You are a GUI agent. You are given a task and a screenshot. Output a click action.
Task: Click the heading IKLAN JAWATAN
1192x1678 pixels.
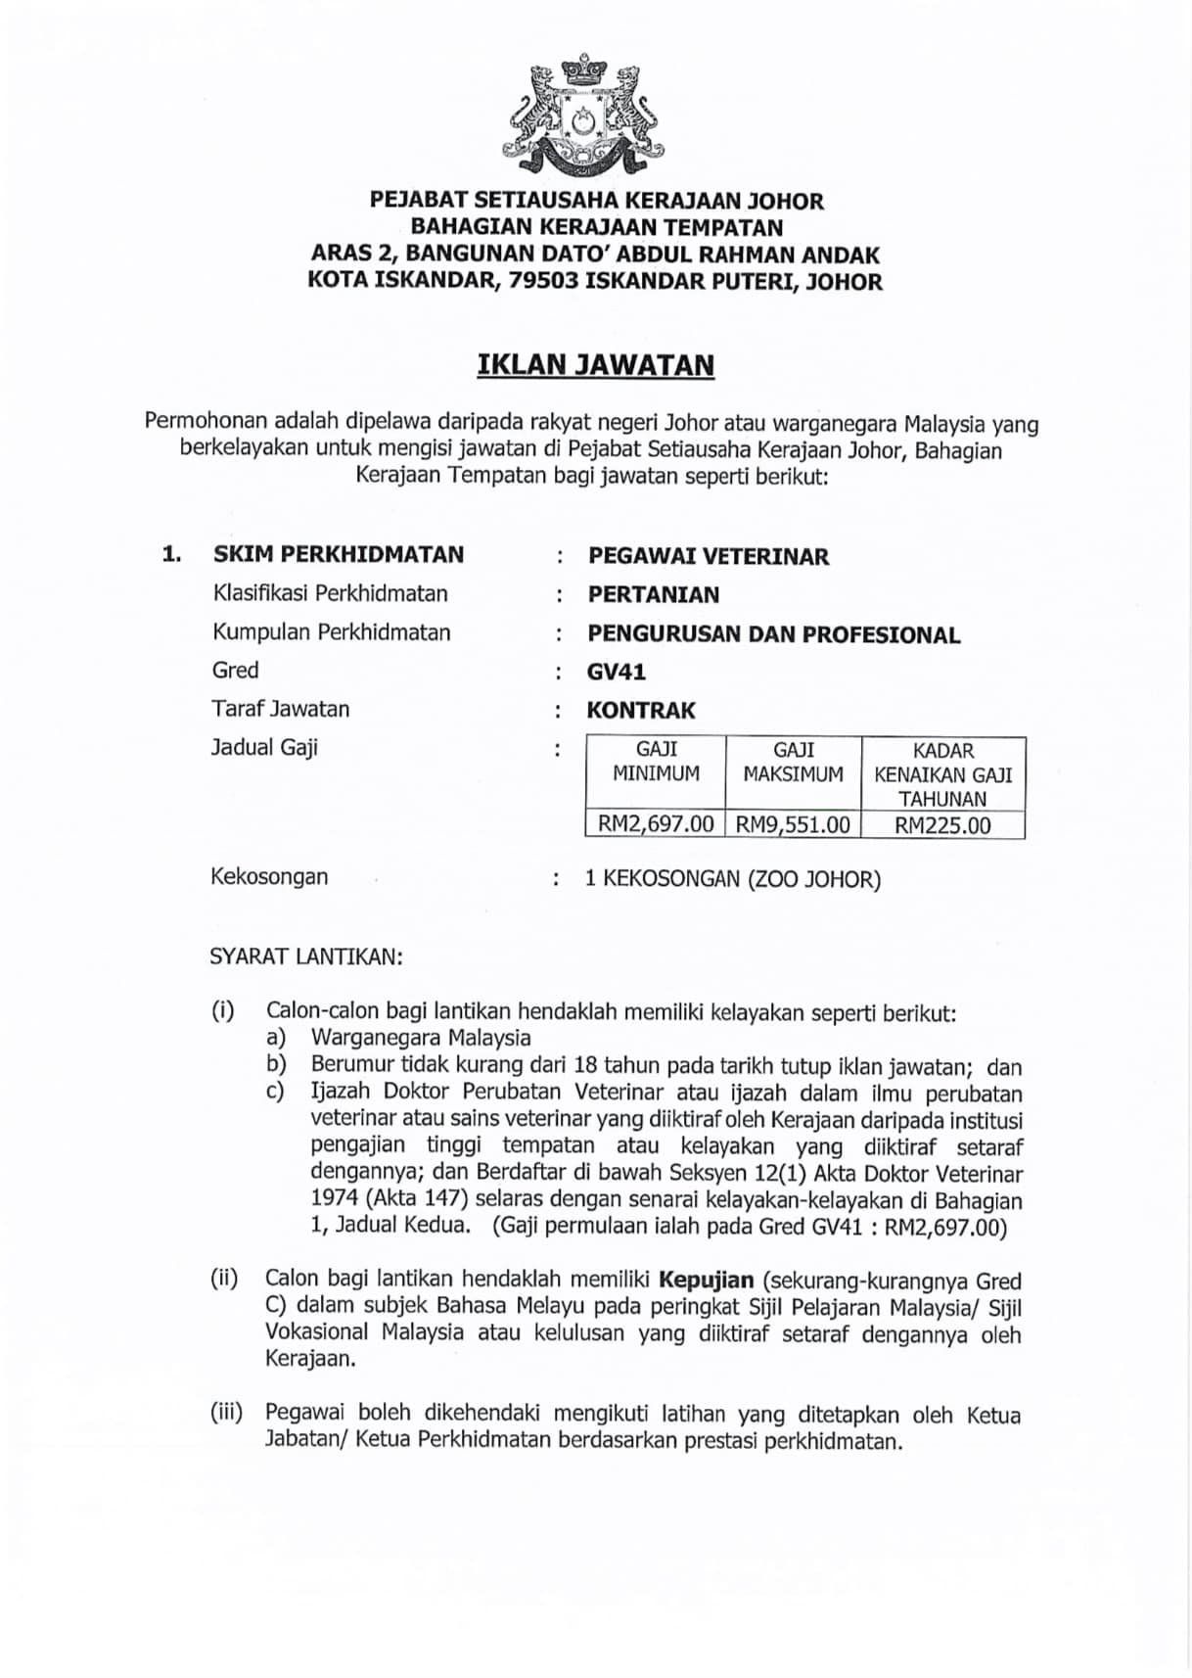pos(595,365)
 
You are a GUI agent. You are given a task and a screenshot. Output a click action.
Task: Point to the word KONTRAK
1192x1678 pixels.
pos(641,711)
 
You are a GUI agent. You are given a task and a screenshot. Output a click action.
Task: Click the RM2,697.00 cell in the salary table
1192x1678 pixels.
pos(655,824)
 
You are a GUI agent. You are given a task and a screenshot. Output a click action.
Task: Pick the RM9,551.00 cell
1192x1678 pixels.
pos(792,824)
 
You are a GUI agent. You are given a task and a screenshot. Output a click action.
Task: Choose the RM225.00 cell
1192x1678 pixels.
pos(941,824)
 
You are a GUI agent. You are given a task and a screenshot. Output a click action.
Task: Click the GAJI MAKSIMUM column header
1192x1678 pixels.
pos(793,762)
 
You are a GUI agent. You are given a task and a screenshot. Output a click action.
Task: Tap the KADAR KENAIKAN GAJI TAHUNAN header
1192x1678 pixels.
pos(942,774)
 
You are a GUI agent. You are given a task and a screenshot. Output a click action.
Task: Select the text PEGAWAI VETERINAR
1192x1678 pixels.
pos(708,556)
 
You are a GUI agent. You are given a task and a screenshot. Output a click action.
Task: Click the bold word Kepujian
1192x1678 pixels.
pos(707,1280)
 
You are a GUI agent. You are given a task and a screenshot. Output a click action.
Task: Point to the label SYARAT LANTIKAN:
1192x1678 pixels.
pos(305,956)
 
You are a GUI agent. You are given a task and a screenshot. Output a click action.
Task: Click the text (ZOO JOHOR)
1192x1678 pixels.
pos(814,879)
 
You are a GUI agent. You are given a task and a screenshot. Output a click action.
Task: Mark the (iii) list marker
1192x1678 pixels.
pos(226,1413)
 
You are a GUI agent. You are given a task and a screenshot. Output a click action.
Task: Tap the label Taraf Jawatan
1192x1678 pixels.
pos(280,709)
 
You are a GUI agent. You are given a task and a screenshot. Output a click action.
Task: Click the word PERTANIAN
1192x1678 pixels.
pos(653,594)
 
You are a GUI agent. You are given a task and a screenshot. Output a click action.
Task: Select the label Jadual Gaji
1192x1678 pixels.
pos(264,748)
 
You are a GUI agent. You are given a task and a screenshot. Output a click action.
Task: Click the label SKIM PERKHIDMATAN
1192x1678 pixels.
pos(339,554)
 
